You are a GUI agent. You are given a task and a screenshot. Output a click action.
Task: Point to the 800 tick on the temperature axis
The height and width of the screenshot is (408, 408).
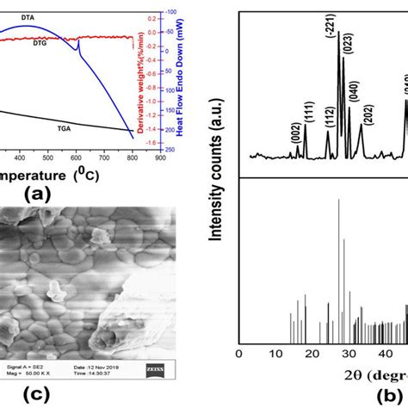click(133, 158)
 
